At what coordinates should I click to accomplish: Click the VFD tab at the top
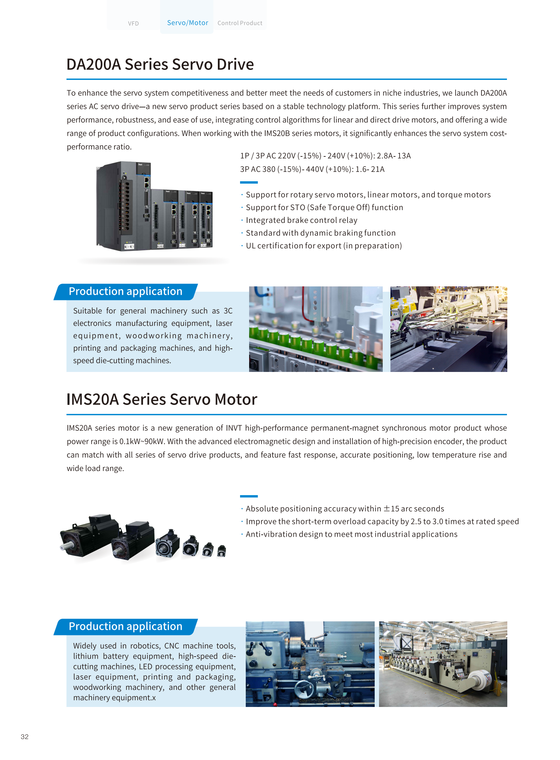(x=133, y=23)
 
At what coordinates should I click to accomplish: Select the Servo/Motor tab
(x=187, y=22)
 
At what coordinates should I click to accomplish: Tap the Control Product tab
(x=240, y=23)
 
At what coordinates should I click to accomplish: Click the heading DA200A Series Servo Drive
(x=160, y=64)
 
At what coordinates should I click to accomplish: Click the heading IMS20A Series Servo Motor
(x=162, y=399)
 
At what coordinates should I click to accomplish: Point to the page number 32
(x=25, y=736)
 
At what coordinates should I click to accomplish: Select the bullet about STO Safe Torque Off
(x=324, y=207)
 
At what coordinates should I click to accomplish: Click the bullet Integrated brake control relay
(x=301, y=220)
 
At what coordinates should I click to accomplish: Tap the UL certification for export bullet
(x=324, y=246)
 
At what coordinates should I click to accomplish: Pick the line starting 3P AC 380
(x=312, y=169)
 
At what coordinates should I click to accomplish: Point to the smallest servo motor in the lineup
(x=221, y=551)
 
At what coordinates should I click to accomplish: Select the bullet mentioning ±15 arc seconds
(x=345, y=509)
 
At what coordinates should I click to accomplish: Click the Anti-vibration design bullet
(x=351, y=534)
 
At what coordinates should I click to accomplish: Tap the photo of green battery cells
(x=316, y=329)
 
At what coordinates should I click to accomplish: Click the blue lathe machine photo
(x=310, y=664)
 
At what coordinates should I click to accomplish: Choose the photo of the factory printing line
(x=443, y=664)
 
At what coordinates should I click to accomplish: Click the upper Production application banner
(x=126, y=291)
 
